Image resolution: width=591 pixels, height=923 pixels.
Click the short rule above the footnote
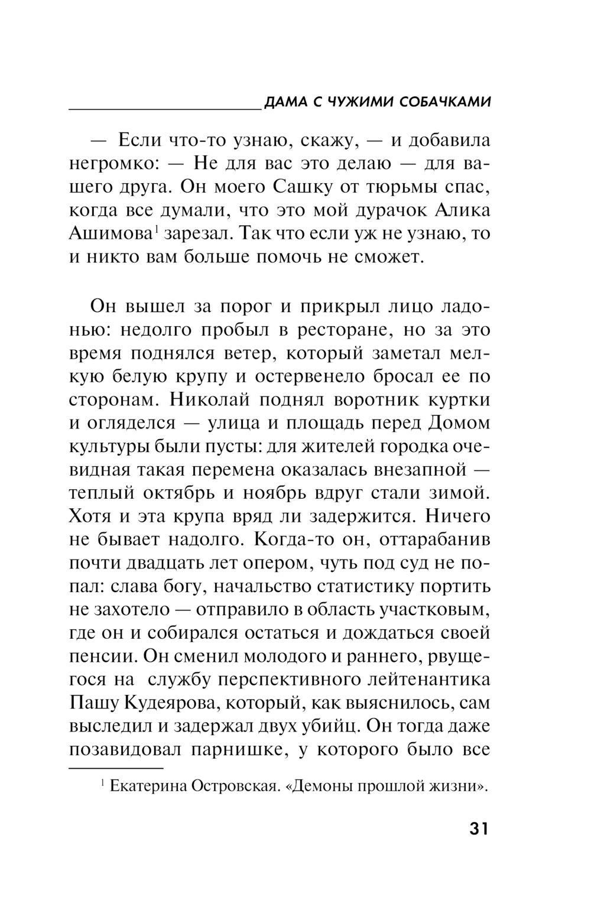click(x=116, y=768)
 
